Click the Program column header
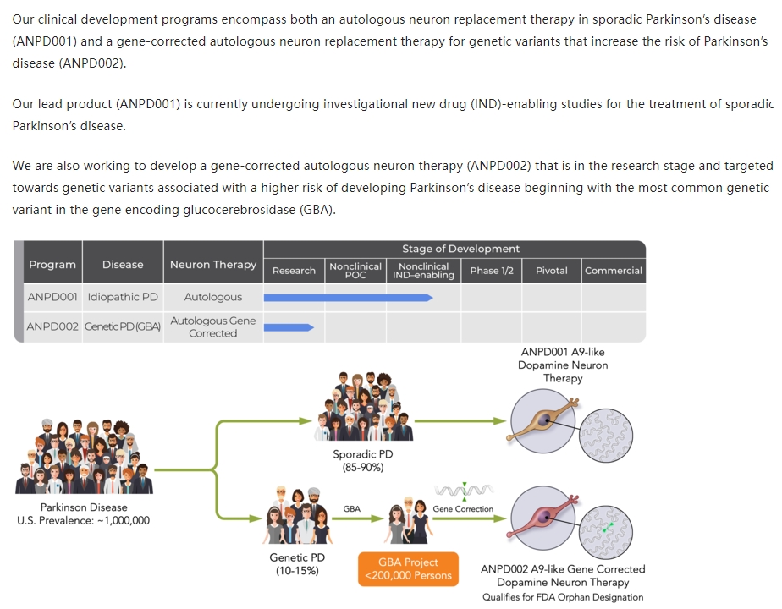click(52, 265)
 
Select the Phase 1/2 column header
click(491, 271)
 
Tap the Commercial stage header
click(613, 271)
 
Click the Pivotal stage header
click(551, 271)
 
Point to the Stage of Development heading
click(460, 249)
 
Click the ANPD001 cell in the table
click(52, 297)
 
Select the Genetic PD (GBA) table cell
click(123, 326)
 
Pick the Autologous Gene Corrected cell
click(212, 326)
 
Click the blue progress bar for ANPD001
click(348, 297)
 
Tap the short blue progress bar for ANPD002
click(289, 326)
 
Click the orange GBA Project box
click(408, 568)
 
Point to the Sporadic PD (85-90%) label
click(362, 460)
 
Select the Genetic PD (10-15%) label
click(297, 564)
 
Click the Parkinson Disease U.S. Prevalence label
click(83, 513)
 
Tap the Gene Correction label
click(462, 509)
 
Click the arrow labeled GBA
click(352, 519)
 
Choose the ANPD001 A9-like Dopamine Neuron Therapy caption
click(563, 365)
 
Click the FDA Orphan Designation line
click(563, 597)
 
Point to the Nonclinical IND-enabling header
click(423, 271)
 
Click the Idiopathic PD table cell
click(123, 297)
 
